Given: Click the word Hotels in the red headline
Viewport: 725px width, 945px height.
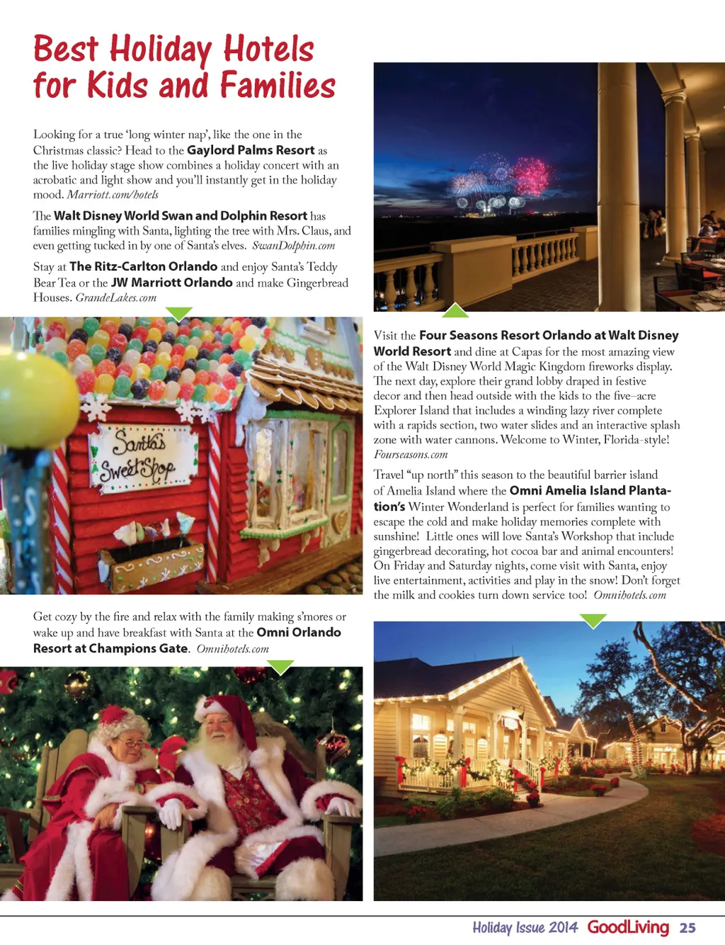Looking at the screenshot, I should click(268, 50).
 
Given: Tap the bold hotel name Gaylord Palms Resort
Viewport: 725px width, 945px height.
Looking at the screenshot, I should click(251, 150).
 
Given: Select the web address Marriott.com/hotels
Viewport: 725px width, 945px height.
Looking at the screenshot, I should click(113, 195).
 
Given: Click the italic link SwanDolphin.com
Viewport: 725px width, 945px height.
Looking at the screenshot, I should click(294, 246).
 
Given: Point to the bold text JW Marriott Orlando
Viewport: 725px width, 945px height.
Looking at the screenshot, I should click(172, 283).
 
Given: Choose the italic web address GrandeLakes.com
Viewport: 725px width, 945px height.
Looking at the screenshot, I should click(116, 298).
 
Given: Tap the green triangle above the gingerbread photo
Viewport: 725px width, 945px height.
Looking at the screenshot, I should click(178, 313).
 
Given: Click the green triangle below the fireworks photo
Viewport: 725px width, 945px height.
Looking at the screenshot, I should click(455, 310).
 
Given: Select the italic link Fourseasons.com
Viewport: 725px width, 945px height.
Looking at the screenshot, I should click(411, 455).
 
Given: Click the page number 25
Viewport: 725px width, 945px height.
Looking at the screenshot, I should click(687, 928).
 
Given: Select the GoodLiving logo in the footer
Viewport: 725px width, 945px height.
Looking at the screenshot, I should click(628, 927).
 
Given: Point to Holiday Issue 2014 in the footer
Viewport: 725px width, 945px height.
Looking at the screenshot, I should click(525, 928).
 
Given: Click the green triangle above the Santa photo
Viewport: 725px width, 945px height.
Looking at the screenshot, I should click(280, 667).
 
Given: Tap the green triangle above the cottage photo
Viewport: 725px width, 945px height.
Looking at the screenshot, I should click(593, 621).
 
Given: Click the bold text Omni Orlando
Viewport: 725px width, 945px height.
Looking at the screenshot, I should click(299, 633).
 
